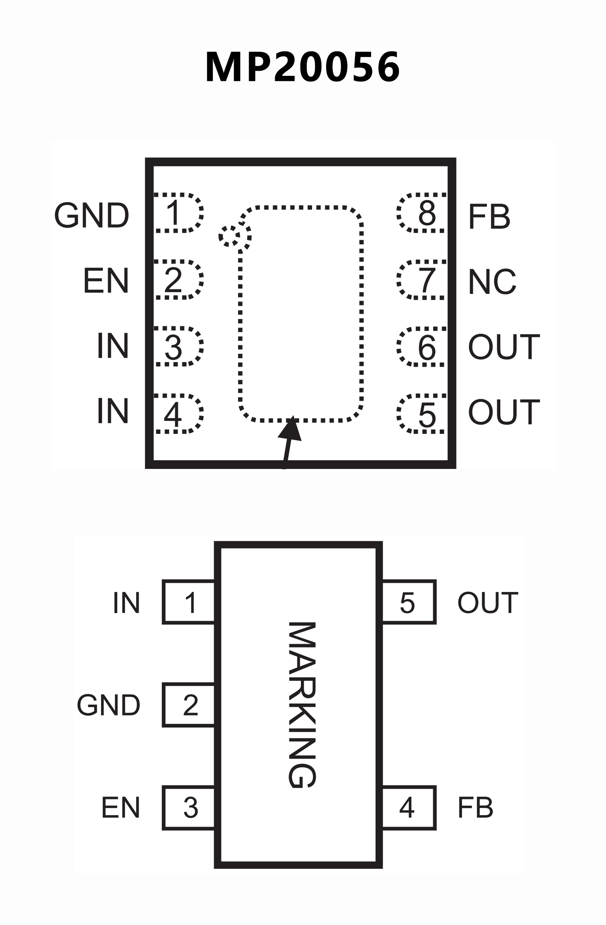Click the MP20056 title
[303, 67]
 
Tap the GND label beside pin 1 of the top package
[92, 216]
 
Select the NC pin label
[492, 282]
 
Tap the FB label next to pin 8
[489, 216]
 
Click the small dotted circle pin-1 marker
[230, 236]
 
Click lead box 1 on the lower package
[189, 602]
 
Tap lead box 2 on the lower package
[189, 705]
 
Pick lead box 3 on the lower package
[189, 808]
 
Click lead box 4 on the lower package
[409, 808]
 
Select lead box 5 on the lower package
[409, 602]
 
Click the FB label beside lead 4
[475, 808]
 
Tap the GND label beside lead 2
[109, 705]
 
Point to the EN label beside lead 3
[121, 808]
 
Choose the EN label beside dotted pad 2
[106, 280]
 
